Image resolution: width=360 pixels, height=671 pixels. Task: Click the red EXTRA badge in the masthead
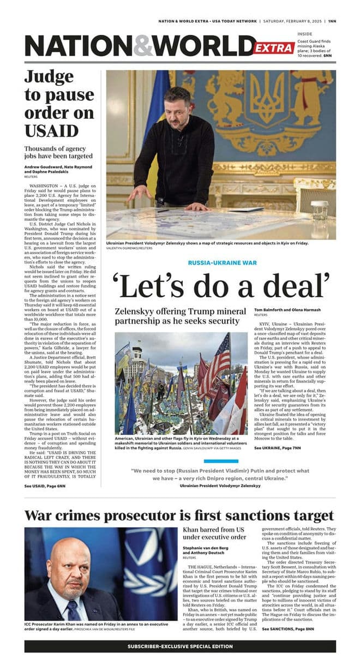pyautogui.click(x=274, y=48)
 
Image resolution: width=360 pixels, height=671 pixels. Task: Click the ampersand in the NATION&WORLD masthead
pyautogui.click(x=143, y=46)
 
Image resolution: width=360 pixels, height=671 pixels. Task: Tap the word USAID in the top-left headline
pyautogui.click(x=51, y=131)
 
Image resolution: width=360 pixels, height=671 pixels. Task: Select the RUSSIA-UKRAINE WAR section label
pyautogui.click(x=222, y=263)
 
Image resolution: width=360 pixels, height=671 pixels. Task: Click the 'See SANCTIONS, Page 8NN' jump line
pyautogui.click(x=288, y=614)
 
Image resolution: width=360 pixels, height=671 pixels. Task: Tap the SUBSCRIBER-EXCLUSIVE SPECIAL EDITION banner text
pyautogui.click(x=180, y=646)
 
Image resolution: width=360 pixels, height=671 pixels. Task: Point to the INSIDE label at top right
pyautogui.click(x=305, y=34)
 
